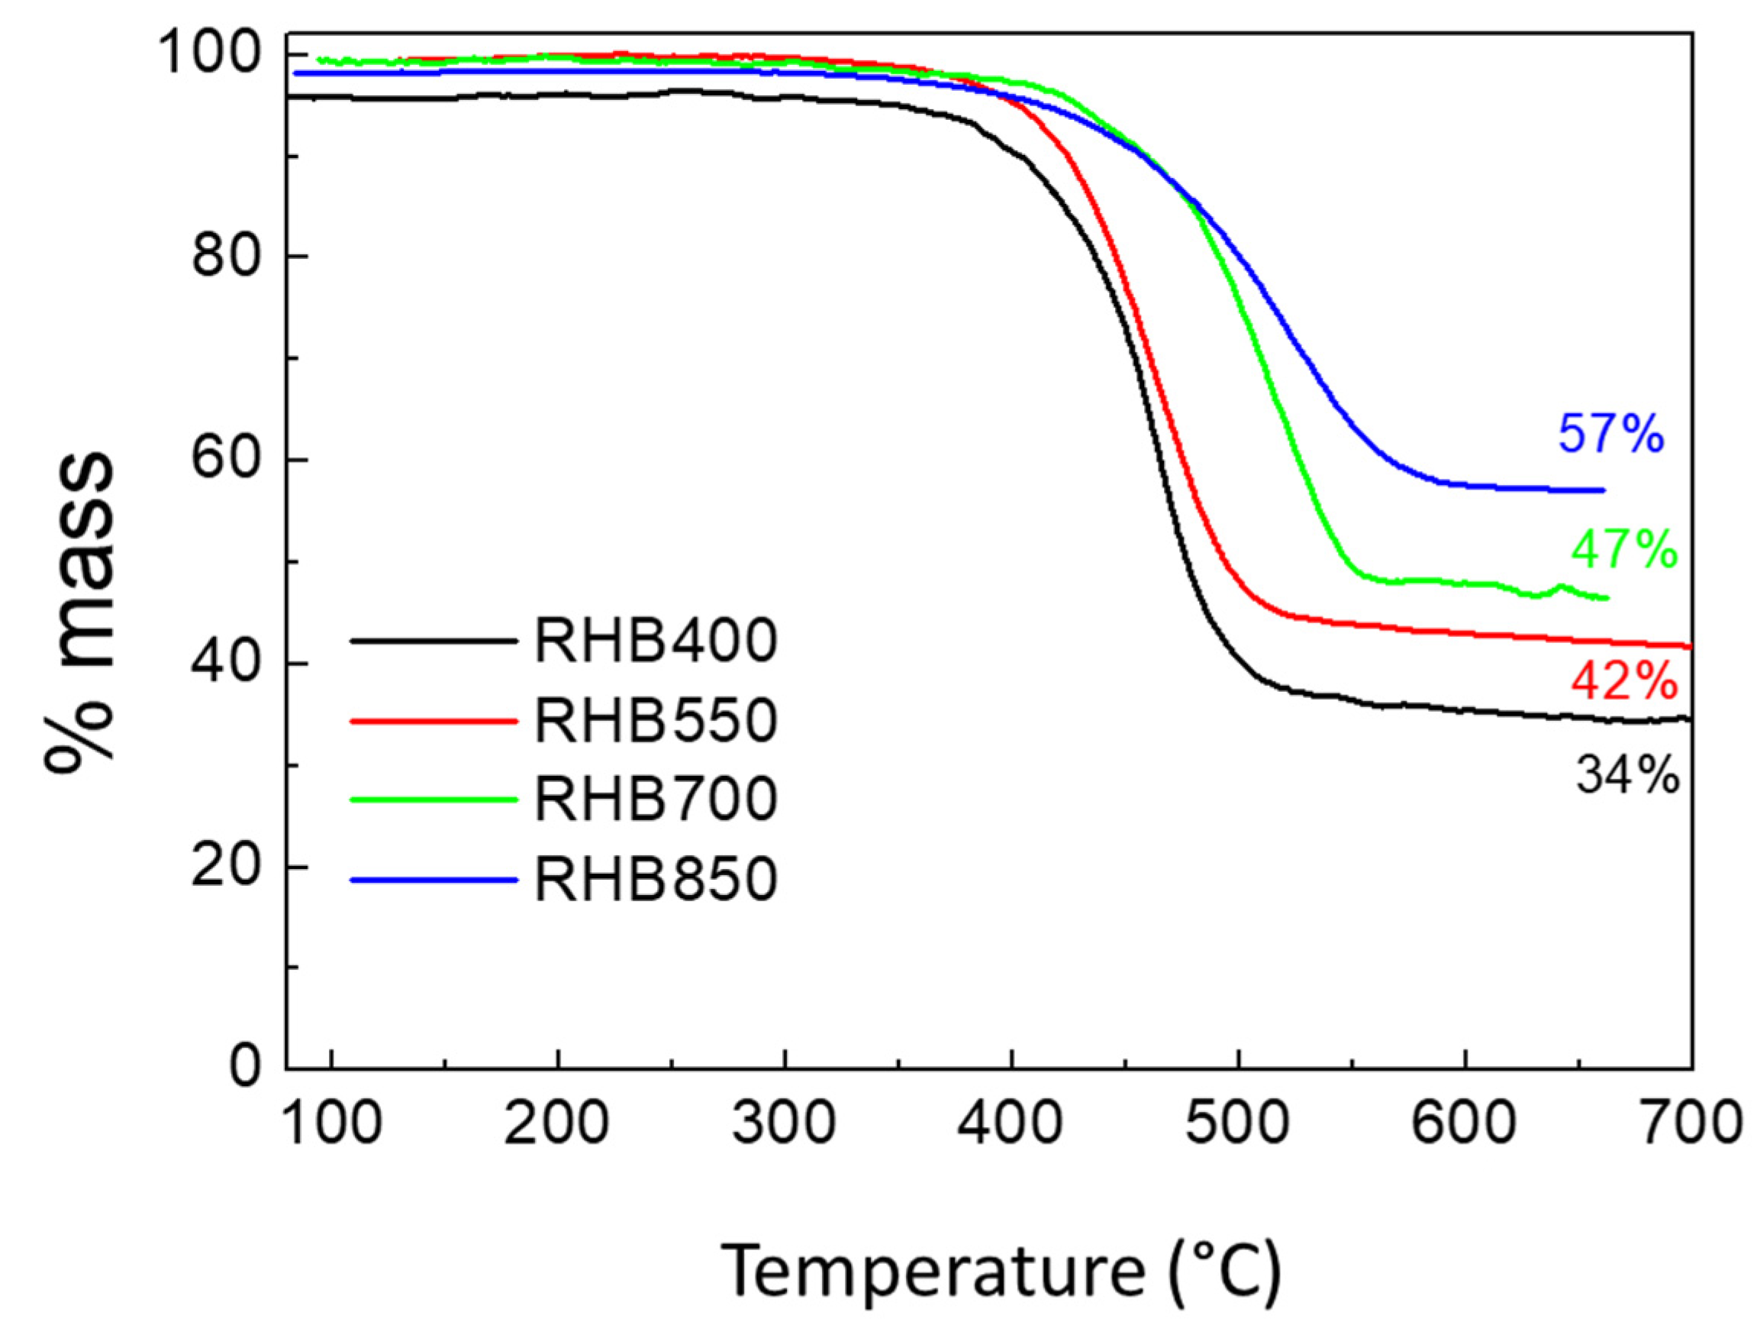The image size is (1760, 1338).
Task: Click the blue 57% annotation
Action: point(1610,434)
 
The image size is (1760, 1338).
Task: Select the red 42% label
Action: point(1624,682)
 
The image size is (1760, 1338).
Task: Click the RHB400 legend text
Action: point(655,642)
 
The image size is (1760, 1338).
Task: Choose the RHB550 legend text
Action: point(655,722)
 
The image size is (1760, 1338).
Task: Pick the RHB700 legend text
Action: point(655,800)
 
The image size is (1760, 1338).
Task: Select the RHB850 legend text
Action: point(655,879)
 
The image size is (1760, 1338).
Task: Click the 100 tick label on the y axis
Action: point(211,54)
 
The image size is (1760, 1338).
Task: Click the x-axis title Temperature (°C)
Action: point(1001,1272)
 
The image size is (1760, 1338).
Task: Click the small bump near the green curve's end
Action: point(1561,588)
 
